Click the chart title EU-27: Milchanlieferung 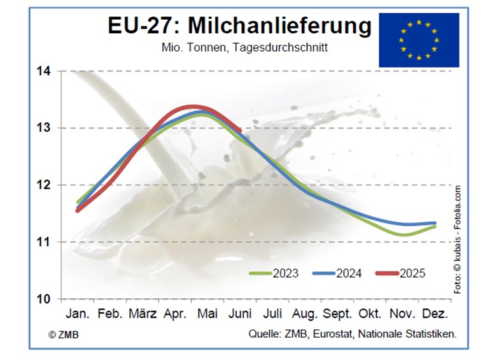click(x=239, y=27)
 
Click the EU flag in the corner click(x=418, y=40)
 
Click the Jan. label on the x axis click(x=78, y=314)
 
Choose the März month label click(x=143, y=314)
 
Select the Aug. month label click(x=305, y=314)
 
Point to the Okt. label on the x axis click(x=370, y=314)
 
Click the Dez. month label click(x=436, y=314)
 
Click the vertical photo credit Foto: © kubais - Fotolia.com click(x=457, y=239)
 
